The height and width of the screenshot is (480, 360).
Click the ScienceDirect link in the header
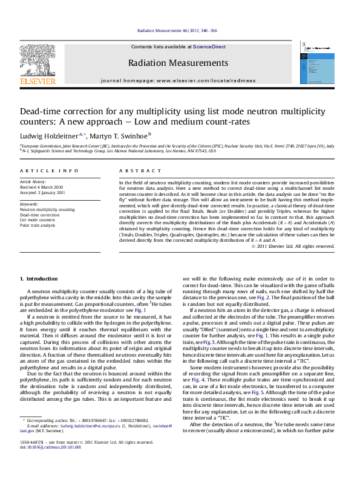pos(209,47)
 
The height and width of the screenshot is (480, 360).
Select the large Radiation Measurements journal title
pos(178,63)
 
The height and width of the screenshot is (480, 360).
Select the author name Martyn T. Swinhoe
pos(122,135)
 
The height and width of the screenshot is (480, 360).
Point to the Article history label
pos(33,181)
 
